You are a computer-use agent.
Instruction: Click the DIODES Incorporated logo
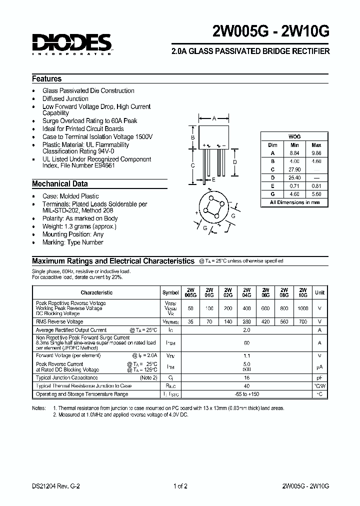(72, 44)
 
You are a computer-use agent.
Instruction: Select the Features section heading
(47, 78)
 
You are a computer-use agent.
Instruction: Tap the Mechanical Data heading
(60, 183)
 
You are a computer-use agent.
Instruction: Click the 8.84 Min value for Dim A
(294, 153)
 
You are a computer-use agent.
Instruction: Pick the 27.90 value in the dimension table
(294, 169)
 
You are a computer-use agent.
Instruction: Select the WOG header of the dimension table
(294, 136)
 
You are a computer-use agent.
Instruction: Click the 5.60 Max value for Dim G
(316, 193)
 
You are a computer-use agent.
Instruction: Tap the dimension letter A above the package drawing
(214, 118)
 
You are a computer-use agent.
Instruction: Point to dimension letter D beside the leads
(234, 162)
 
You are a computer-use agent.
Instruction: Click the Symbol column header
(170, 292)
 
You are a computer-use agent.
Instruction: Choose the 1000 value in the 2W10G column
(303, 308)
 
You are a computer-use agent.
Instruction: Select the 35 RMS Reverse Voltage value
(190, 322)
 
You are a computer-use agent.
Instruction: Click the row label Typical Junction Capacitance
(67, 378)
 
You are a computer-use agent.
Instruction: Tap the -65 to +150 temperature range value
(246, 394)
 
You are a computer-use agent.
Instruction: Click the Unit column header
(319, 292)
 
